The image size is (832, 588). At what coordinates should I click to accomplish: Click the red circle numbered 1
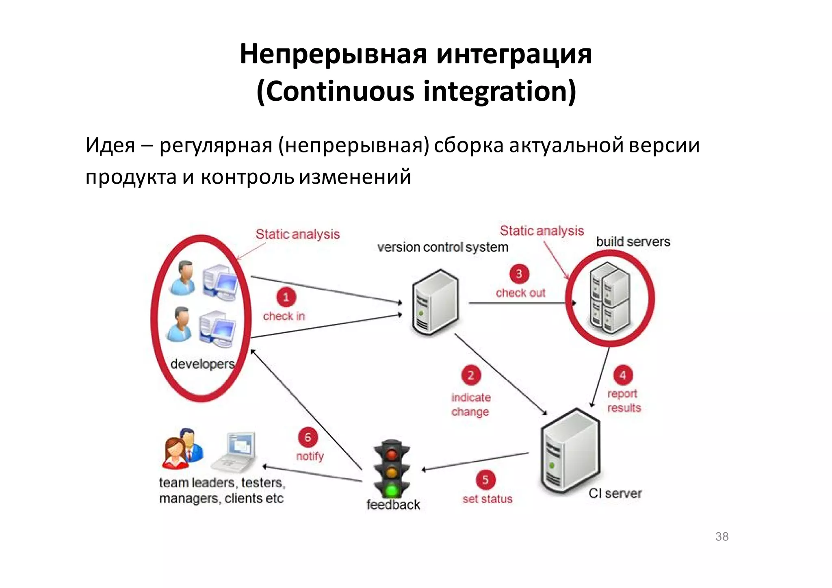(286, 297)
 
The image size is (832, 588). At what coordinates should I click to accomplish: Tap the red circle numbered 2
(471, 375)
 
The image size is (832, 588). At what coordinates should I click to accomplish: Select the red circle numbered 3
(519, 273)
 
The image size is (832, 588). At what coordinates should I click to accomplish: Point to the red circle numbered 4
(622, 375)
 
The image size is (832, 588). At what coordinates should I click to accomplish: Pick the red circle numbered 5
(485, 480)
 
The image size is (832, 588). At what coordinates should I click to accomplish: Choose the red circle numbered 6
(308, 437)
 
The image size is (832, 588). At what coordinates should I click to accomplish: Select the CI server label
(615, 493)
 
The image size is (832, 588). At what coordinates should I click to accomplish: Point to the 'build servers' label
(633, 242)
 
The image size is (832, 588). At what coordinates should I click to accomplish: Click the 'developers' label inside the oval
(202, 364)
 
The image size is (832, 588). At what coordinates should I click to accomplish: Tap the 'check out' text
(520, 293)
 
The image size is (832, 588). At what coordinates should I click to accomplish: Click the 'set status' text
(487, 499)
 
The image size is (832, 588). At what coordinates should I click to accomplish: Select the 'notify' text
(310, 456)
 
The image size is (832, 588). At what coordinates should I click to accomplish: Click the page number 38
(722, 536)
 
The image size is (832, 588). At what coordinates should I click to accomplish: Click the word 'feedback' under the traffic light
(393, 505)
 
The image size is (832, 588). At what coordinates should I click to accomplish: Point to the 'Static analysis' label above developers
(297, 234)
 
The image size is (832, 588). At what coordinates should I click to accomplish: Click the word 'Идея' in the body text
(110, 145)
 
